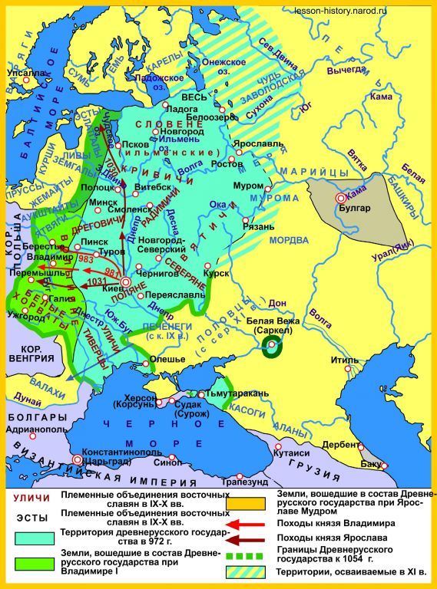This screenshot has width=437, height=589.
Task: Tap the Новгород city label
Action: click(180, 132)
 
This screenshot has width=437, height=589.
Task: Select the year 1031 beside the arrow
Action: click(98, 281)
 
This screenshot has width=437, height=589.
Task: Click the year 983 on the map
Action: click(85, 260)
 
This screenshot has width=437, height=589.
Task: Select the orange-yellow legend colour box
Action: click(245, 503)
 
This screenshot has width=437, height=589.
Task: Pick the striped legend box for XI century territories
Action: click(245, 571)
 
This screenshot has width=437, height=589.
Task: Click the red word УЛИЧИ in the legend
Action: click(27, 499)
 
